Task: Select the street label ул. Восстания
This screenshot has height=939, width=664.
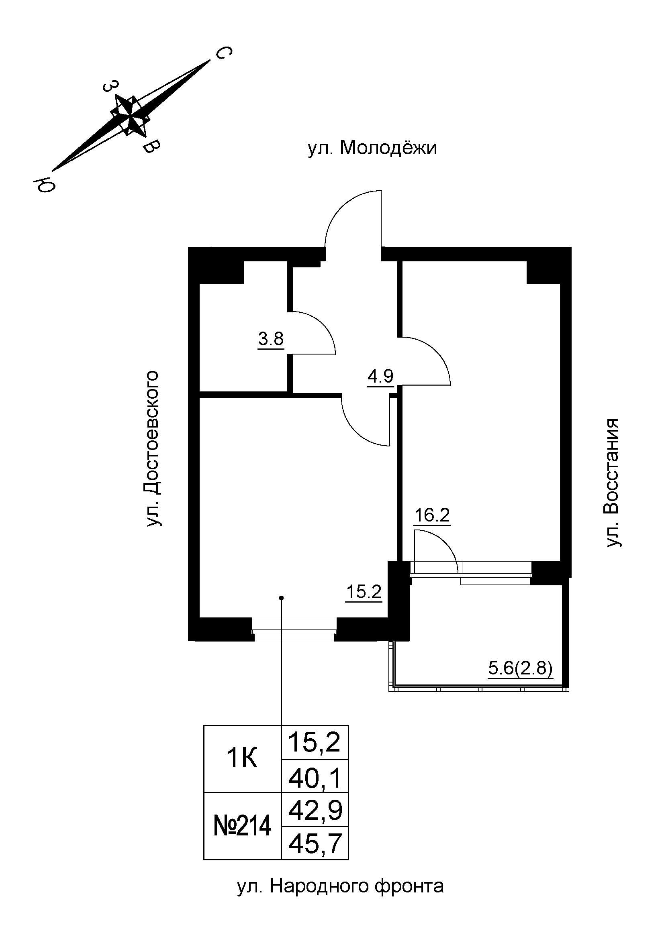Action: click(x=612, y=483)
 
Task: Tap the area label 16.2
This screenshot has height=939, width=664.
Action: click(x=432, y=516)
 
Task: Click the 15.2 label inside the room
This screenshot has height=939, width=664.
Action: click(x=364, y=592)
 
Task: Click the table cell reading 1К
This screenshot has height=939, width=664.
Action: click(x=242, y=759)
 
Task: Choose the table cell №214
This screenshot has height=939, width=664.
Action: click(x=242, y=826)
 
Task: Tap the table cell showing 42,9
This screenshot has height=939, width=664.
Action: click(x=315, y=810)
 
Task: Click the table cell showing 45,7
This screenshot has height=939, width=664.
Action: click(x=315, y=843)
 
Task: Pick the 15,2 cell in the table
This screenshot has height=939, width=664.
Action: click(x=315, y=742)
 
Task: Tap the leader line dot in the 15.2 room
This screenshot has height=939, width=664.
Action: click(x=281, y=598)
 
